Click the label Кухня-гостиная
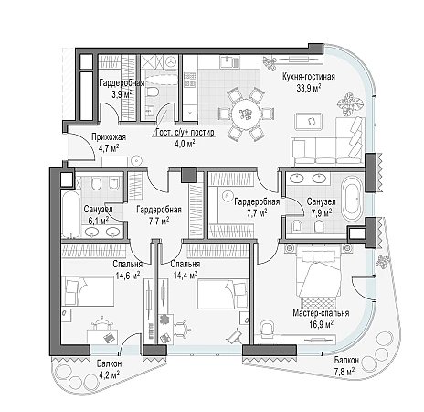(x=309, y=77)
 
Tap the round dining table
(x=246, y=114)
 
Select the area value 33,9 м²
(x=309, y=89)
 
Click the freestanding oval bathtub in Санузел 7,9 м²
(x=353, y=198)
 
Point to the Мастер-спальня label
(x=321, y=313)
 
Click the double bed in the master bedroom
(x=319, y=271)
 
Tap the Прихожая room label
(x=109, y=137)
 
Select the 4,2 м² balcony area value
(x=108, y=374)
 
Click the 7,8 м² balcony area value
(x=344, y=371)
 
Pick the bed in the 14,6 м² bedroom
(x=88, y=290)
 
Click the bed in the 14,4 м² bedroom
(x=223, y=294)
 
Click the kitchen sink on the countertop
(x=230, y=62)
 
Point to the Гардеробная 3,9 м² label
(x=122, y=88)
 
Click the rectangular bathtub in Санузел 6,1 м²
(x=71, y=214)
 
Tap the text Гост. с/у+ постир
(x=185, y=133)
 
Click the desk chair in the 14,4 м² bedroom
(x=182, y=329)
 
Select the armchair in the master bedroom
(x=268, y=328)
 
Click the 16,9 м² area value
(x=321, y=324)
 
